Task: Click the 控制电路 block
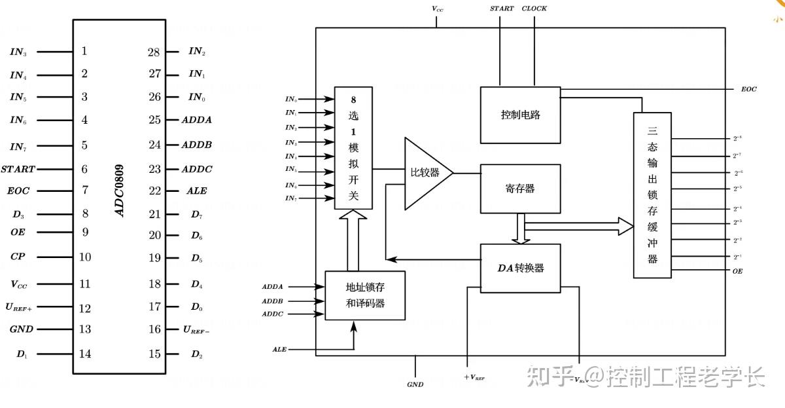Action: coord(521,115)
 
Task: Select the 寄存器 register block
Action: coord(521,189)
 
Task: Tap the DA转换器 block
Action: coord(521,268)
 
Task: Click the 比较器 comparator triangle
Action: coord(425,174)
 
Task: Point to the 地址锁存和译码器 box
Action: coord(364,295)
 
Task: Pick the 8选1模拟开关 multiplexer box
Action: coord(353,148)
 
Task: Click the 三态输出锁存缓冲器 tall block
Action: coord(652,195)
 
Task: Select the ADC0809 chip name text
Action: coord(120,191)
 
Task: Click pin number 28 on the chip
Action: coord(154,52)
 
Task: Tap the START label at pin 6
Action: coord(18,169)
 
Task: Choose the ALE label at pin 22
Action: coord(196,191)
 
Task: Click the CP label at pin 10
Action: coord(18,256)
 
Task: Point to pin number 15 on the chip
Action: coord(154,354)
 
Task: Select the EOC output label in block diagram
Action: coord(749,89)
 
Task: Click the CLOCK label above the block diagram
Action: coord(534,9)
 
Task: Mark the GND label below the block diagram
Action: coord(415,384)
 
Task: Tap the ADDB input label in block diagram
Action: coord(273,301)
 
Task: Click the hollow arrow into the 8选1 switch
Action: coord(353,240)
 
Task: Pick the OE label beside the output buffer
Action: coord(738,270)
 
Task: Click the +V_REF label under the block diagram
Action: coord(474,378)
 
